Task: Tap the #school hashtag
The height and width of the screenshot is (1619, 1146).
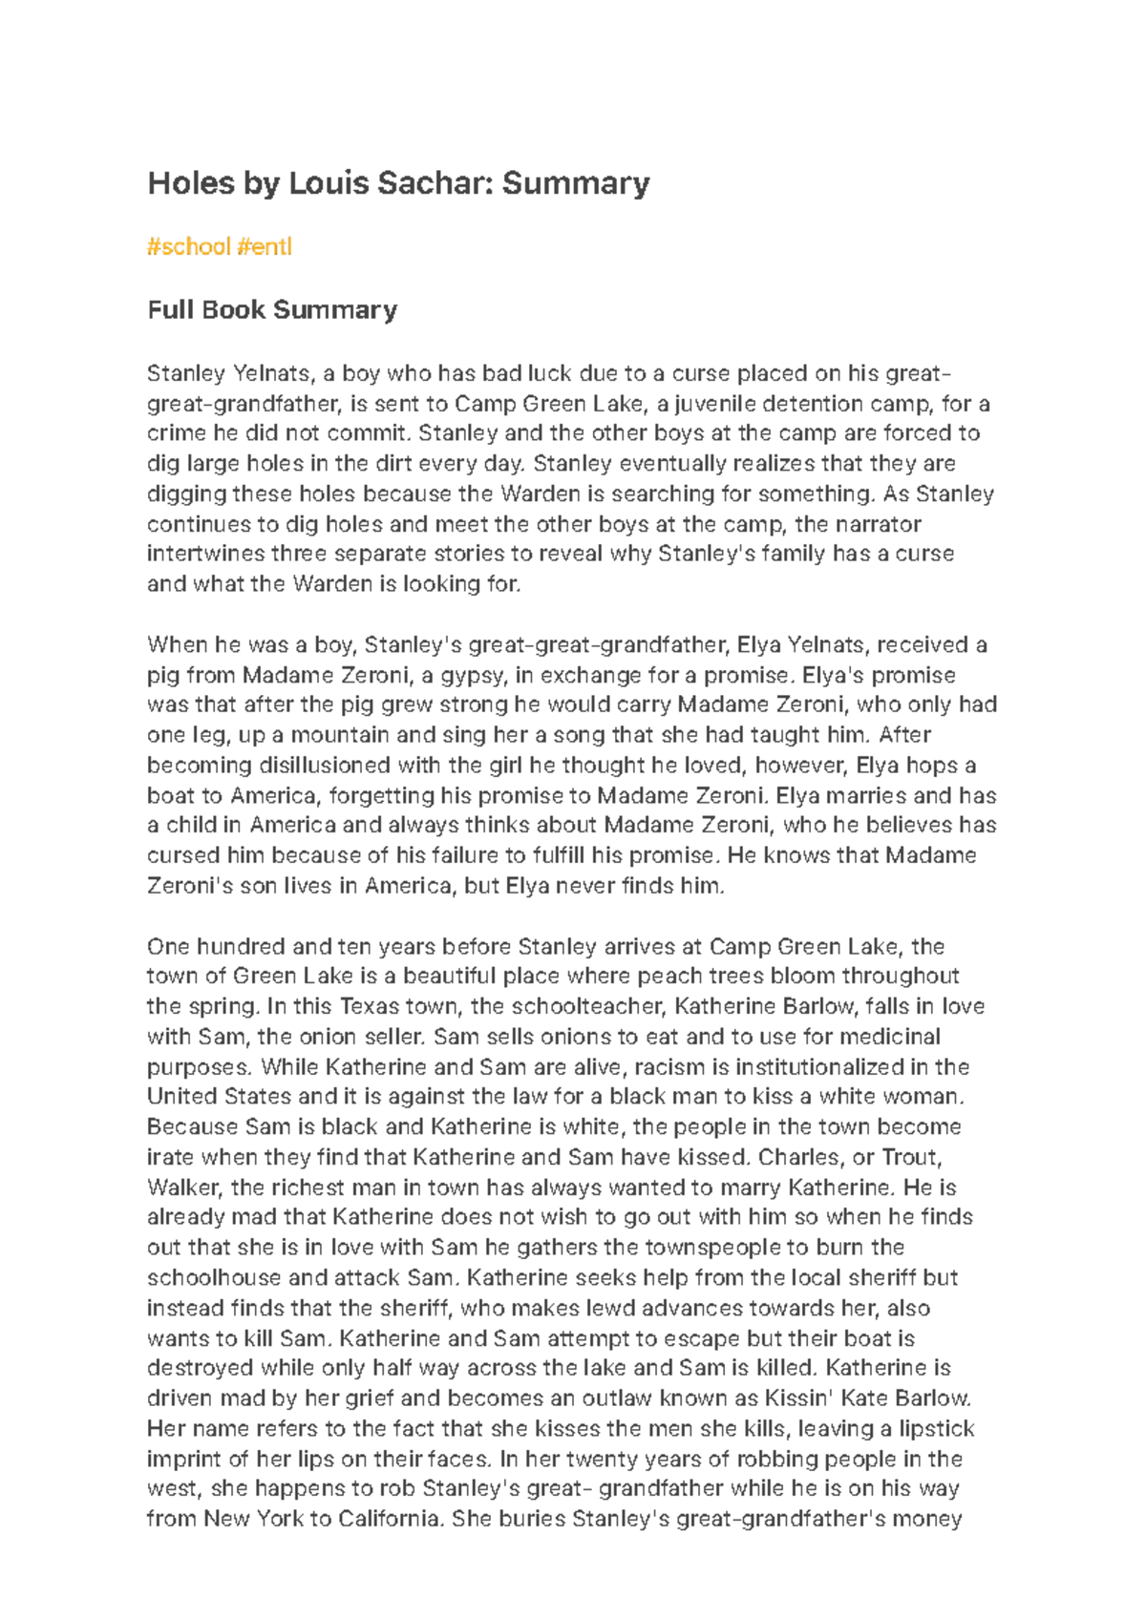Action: click(189, 246)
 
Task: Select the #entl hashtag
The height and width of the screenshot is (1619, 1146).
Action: click(265, 246)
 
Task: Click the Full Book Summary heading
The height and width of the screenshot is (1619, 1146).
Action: click(272, 310)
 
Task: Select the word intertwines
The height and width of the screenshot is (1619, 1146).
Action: click(205, 554)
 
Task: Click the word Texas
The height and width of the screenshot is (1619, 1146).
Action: click(370, 1006)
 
